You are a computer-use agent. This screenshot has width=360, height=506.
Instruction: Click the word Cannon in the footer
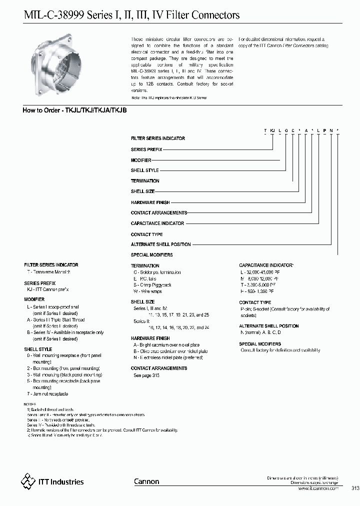point(146,481)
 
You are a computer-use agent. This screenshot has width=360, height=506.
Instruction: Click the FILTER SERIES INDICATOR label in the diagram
point(157,138)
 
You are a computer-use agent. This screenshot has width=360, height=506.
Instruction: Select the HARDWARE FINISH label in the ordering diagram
point(150,202)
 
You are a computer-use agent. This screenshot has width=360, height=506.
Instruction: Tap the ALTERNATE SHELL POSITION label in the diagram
point(160,244)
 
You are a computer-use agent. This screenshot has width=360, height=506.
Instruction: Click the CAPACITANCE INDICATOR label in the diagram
point(157,223)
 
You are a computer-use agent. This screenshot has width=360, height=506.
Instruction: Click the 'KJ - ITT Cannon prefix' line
point(47,289)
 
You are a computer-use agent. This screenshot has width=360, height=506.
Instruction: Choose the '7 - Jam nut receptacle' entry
point(47,394)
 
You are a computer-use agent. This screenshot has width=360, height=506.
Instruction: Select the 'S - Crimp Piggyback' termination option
point(152,285)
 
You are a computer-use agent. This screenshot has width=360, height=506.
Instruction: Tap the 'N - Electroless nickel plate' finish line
point(163,357)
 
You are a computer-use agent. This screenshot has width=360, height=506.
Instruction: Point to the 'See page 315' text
point(146,375)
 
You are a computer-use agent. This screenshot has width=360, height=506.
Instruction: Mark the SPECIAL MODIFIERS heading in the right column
point(260,344)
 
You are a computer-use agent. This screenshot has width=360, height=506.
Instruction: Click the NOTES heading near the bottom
point(30,403)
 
